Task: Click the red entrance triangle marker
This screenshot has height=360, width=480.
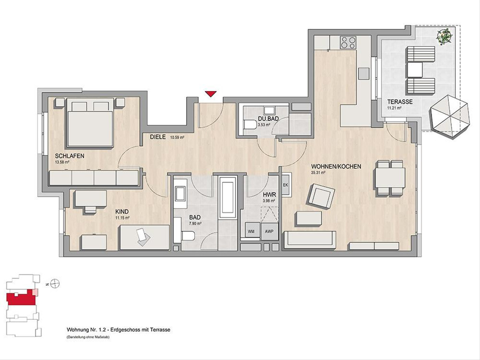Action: [x=211, y=94]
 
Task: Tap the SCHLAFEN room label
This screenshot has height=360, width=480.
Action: [x=70, y=156]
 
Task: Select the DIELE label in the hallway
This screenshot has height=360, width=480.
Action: [x=158, y=137]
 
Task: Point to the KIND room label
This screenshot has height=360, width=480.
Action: [x=122, y=212]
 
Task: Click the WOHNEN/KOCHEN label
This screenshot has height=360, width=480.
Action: [x=336, y=166]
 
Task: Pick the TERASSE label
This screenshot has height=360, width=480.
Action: [x=400, y=102]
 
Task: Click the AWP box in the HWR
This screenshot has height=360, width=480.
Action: [x=270, y=232]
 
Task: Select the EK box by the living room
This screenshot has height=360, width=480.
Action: [x=286, y=185]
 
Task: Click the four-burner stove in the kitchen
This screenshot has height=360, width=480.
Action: [x=348, y=42]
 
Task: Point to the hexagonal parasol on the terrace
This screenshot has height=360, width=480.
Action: [x=449, y=116]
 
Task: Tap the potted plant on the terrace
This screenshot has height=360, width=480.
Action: [x=444, y=38]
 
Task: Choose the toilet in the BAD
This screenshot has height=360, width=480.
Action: [x=188, y=236]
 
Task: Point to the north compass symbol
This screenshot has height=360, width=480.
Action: [x=55, y=284]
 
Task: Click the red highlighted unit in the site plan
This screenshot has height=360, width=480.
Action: [x=21, y=298]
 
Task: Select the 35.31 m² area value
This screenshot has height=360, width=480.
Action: [x=318, y=172]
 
